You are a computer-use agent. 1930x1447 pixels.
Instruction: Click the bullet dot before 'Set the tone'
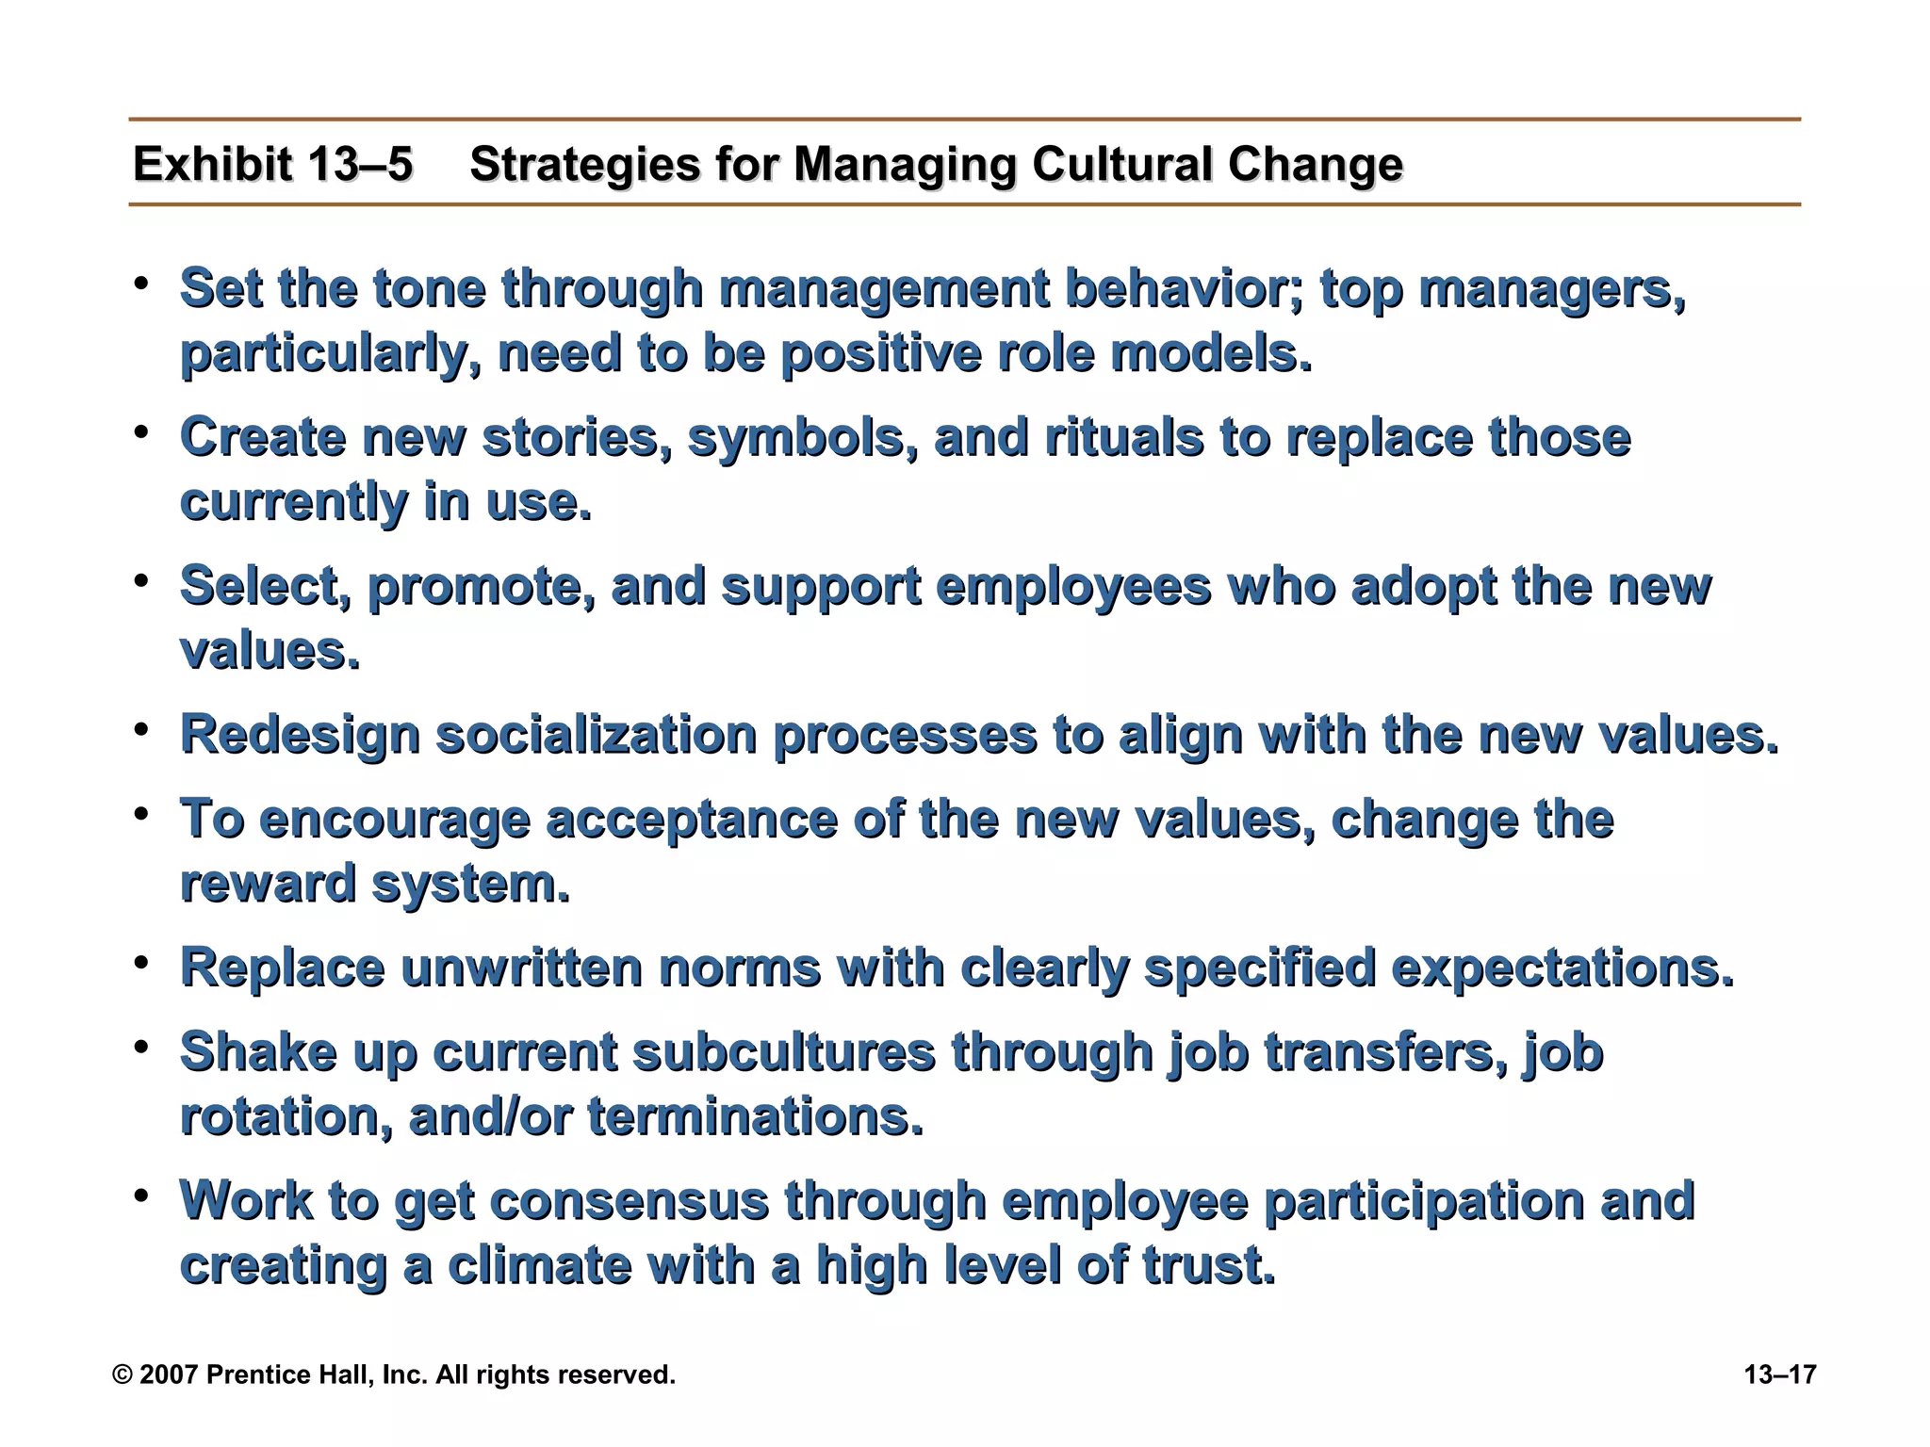[x=141, y=284]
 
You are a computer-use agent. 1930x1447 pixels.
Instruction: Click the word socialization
[x=597, y=736]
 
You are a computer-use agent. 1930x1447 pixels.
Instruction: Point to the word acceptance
[x=692, y=820]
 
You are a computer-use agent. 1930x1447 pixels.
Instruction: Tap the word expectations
[x=1562, y=968]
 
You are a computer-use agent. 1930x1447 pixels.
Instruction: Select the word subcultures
[x=784, y=1052]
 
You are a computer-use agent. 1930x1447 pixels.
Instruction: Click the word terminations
[x=755, y=1117]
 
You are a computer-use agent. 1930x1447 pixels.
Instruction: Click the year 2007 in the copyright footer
[x=169, y=1374]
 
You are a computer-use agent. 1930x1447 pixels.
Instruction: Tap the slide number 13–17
[x=1779, y=1374]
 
